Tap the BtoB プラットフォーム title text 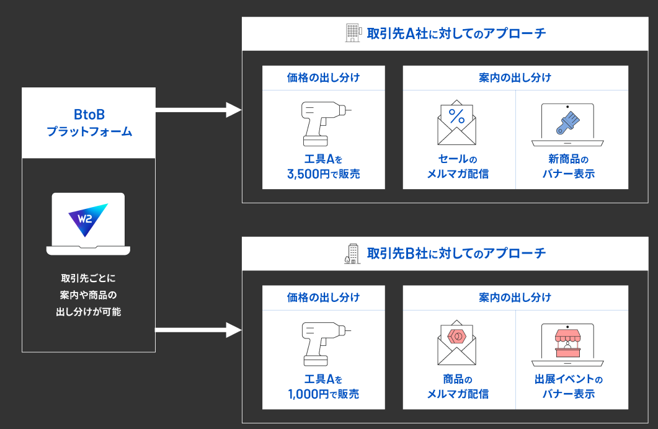coord(89,123)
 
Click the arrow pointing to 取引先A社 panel coord(198,110)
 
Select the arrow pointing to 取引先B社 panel coord(198,330)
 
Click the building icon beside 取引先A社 coord(352,33)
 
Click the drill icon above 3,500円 coord(324,122)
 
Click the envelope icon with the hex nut coord(456,342)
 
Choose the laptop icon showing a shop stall coord(567,344)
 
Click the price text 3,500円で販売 coord(324,174)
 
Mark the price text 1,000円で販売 coord(324,394)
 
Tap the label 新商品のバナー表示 coord(567,167)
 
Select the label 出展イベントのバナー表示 coord(567,387)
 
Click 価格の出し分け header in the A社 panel coord(324,78)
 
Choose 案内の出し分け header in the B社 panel coord(515,298)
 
